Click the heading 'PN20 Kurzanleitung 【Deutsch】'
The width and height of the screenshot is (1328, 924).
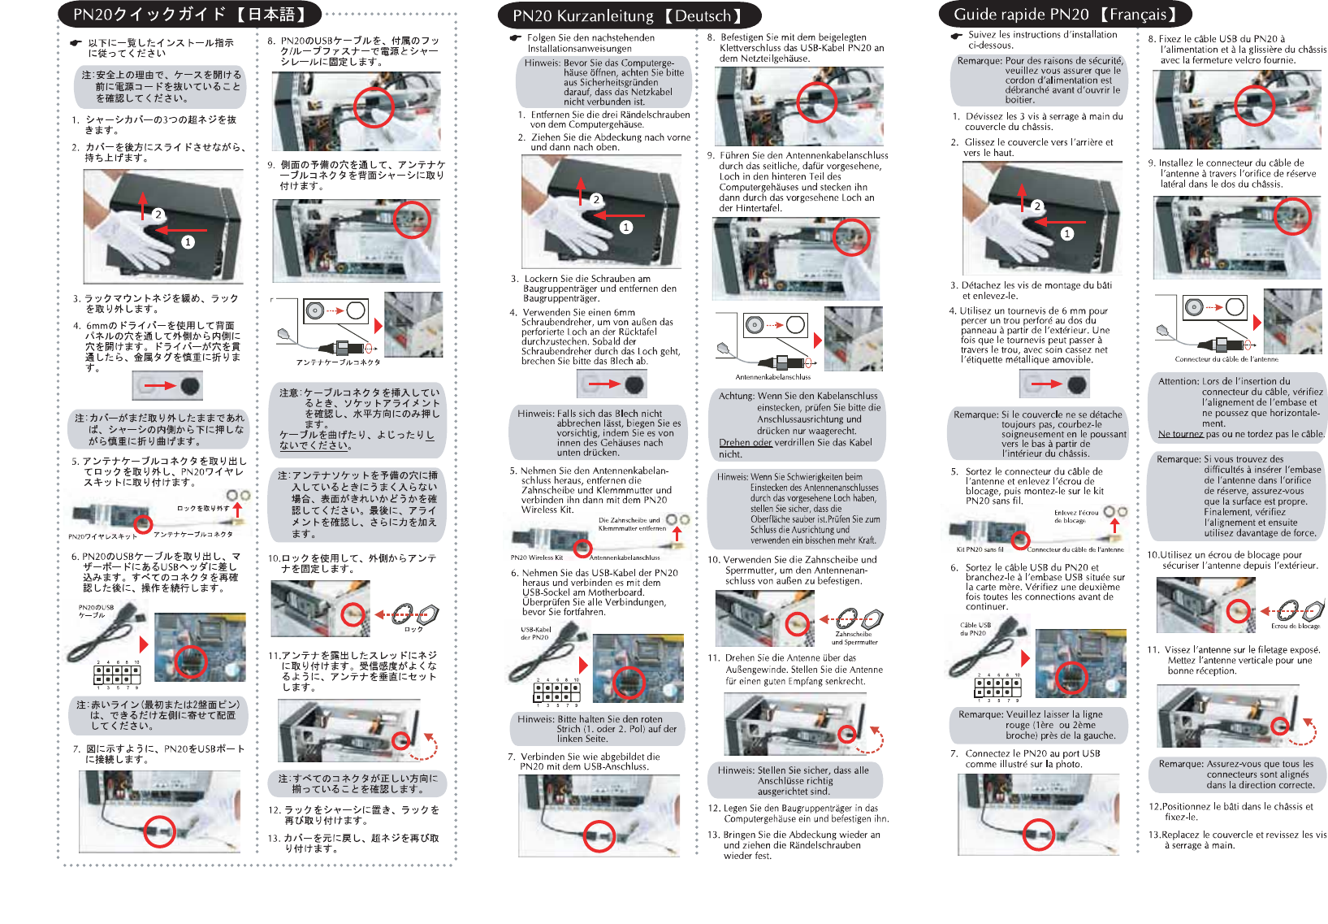point(628,15)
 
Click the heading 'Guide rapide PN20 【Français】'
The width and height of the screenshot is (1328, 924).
point(1065,14)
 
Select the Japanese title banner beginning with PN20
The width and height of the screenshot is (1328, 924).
point(189,15)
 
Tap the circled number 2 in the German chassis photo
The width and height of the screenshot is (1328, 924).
point(596,199)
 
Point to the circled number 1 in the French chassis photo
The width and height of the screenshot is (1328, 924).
point(1067,233)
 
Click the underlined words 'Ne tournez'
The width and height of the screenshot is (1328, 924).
point(1181,434)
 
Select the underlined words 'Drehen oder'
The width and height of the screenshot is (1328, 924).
point(746,443)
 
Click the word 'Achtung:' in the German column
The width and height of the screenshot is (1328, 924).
point(737,396)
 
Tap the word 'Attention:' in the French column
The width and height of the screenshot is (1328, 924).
point(1179,381)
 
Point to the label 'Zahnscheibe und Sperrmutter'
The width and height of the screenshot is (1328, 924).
point(854,638)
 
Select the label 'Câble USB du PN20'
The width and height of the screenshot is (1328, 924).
point(975,629)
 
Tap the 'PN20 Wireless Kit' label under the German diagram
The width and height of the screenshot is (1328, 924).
point(537,557)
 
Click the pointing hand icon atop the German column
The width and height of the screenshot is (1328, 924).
point(515,37)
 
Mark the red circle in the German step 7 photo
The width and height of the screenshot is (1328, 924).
point(599,835)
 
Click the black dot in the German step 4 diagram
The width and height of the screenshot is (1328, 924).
point(634,384)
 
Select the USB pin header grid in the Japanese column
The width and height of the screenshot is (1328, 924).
point(117,675)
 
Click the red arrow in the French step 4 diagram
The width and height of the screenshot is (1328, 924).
point(1046,384)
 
